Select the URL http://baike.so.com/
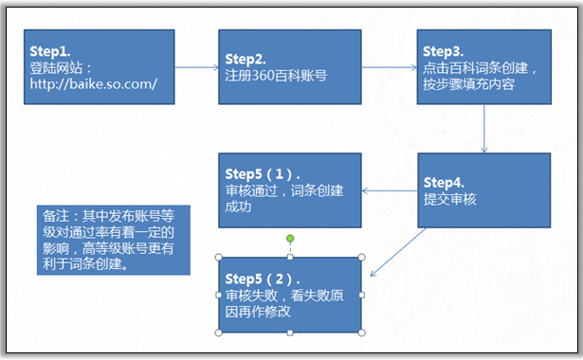click(92, 84)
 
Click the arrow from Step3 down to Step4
click(484, 128)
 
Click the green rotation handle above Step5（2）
click(290, 239)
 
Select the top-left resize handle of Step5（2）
click(219, 257)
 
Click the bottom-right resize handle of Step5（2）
click(362, 333)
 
